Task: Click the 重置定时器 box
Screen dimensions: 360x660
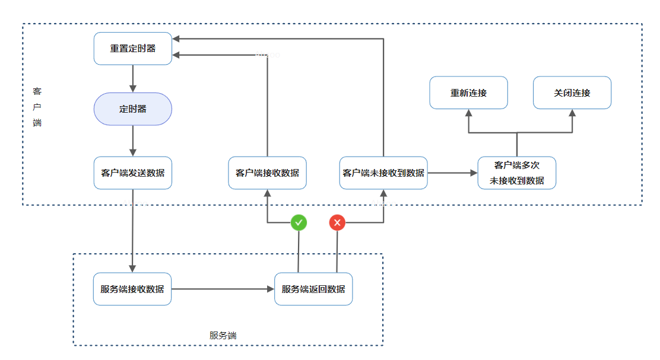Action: [133, 48]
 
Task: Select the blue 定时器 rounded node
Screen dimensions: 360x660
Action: [133, 109]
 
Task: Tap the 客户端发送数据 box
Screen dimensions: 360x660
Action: [133, 173]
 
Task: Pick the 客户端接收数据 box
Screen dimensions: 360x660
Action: [268, 173]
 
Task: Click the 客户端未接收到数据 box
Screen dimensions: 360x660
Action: [383, 173]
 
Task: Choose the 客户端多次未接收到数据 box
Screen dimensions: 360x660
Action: [517, 173]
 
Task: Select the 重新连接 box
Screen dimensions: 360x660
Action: [469, 93]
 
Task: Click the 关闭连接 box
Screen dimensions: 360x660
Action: [572, 93]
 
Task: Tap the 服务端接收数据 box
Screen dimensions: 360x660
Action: [132, 289]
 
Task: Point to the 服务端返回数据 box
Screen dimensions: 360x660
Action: [313, 289]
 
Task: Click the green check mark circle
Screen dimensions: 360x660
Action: [299, 222]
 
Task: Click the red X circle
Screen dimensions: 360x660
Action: [337, 222]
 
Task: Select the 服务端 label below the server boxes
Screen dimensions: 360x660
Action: [223, 335]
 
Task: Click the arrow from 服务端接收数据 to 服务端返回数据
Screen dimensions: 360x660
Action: [223, 289]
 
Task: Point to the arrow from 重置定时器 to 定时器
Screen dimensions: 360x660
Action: [133, 78]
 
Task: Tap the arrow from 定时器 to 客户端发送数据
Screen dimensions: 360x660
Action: [133, 141]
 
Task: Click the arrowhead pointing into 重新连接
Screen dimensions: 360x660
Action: [469, 113]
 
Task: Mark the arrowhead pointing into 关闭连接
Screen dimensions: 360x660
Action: [573, 113]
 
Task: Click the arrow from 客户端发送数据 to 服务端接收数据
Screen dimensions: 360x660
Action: [133, 231]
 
